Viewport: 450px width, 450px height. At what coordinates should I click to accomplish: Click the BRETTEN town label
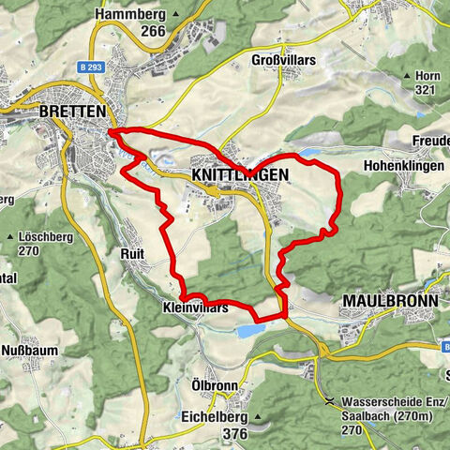coord(72,111)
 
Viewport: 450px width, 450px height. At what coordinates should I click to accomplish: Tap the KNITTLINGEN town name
coord(239,175)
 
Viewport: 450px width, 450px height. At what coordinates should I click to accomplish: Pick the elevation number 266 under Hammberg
coord(153,31)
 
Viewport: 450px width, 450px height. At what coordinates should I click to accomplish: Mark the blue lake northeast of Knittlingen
coord(308,151)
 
